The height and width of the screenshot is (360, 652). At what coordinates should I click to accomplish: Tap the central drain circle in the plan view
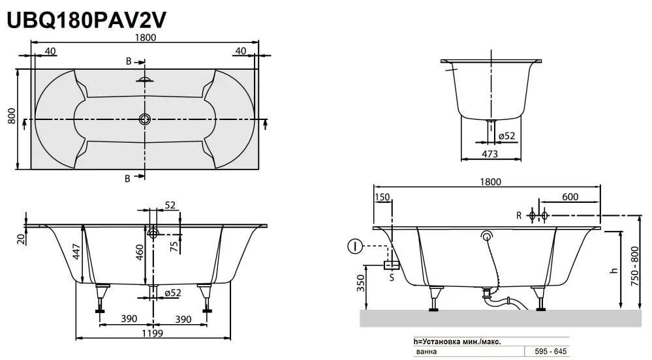coord(145,119)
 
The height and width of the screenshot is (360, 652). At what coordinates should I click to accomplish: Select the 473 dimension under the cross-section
coord(489,153)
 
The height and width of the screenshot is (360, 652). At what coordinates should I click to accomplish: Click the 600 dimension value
coord(570,197)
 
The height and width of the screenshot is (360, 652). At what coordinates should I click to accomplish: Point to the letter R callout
coord(518,215)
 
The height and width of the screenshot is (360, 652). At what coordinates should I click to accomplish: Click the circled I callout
coord(354,246)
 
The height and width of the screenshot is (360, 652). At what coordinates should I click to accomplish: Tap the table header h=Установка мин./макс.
coord(458,341)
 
